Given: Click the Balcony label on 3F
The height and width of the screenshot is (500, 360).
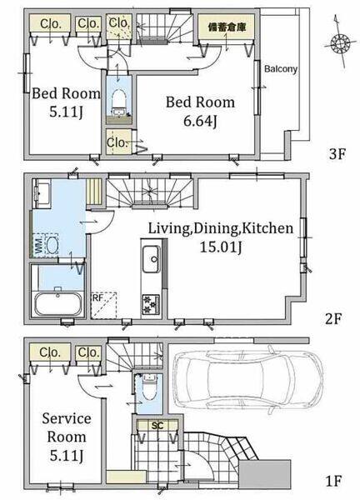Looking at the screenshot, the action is pyautogui.click(x=281, y=69).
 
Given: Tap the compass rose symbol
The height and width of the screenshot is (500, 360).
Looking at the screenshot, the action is pyautogui.click(x=340, y=42).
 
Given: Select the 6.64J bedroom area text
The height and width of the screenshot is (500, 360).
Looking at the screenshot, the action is pyautogui.click(x=201, y=121).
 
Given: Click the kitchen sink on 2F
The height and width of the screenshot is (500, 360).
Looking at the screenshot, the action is pyautogui.click(x=152, y=259).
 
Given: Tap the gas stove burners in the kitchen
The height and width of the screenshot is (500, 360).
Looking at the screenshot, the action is pyautogui.click(x=151, y=304).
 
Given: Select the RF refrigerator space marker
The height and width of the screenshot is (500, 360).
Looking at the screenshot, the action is pyautogui.click(x=104, y=305).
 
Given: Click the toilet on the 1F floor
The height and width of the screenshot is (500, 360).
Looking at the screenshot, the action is pyautogui.click(x=148, y=387).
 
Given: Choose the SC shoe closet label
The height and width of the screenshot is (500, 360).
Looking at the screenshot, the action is pyautogui.click(x=157, y=426).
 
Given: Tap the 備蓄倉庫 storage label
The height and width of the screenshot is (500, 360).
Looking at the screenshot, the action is pyautogui.click(x=227, y=27).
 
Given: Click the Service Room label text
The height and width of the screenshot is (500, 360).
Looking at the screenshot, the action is pyautogui.click(x=67, y=427).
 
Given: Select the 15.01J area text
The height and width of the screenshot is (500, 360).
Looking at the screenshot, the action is pyautogui.click(x=220, y=247).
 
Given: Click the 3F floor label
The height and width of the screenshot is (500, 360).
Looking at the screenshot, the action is pyautogui.click(x=337, y=154).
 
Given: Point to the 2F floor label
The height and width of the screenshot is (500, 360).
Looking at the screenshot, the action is pyautogui.click(x=333, y=318).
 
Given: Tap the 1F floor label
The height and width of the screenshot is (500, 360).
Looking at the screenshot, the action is pyautogui.click(x=333, y=481).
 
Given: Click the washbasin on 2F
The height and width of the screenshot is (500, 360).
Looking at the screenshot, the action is pyautogui.click(x=42, y=193).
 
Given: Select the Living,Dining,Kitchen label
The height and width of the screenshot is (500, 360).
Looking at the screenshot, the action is pyautogui.click(x=221, y=228).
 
